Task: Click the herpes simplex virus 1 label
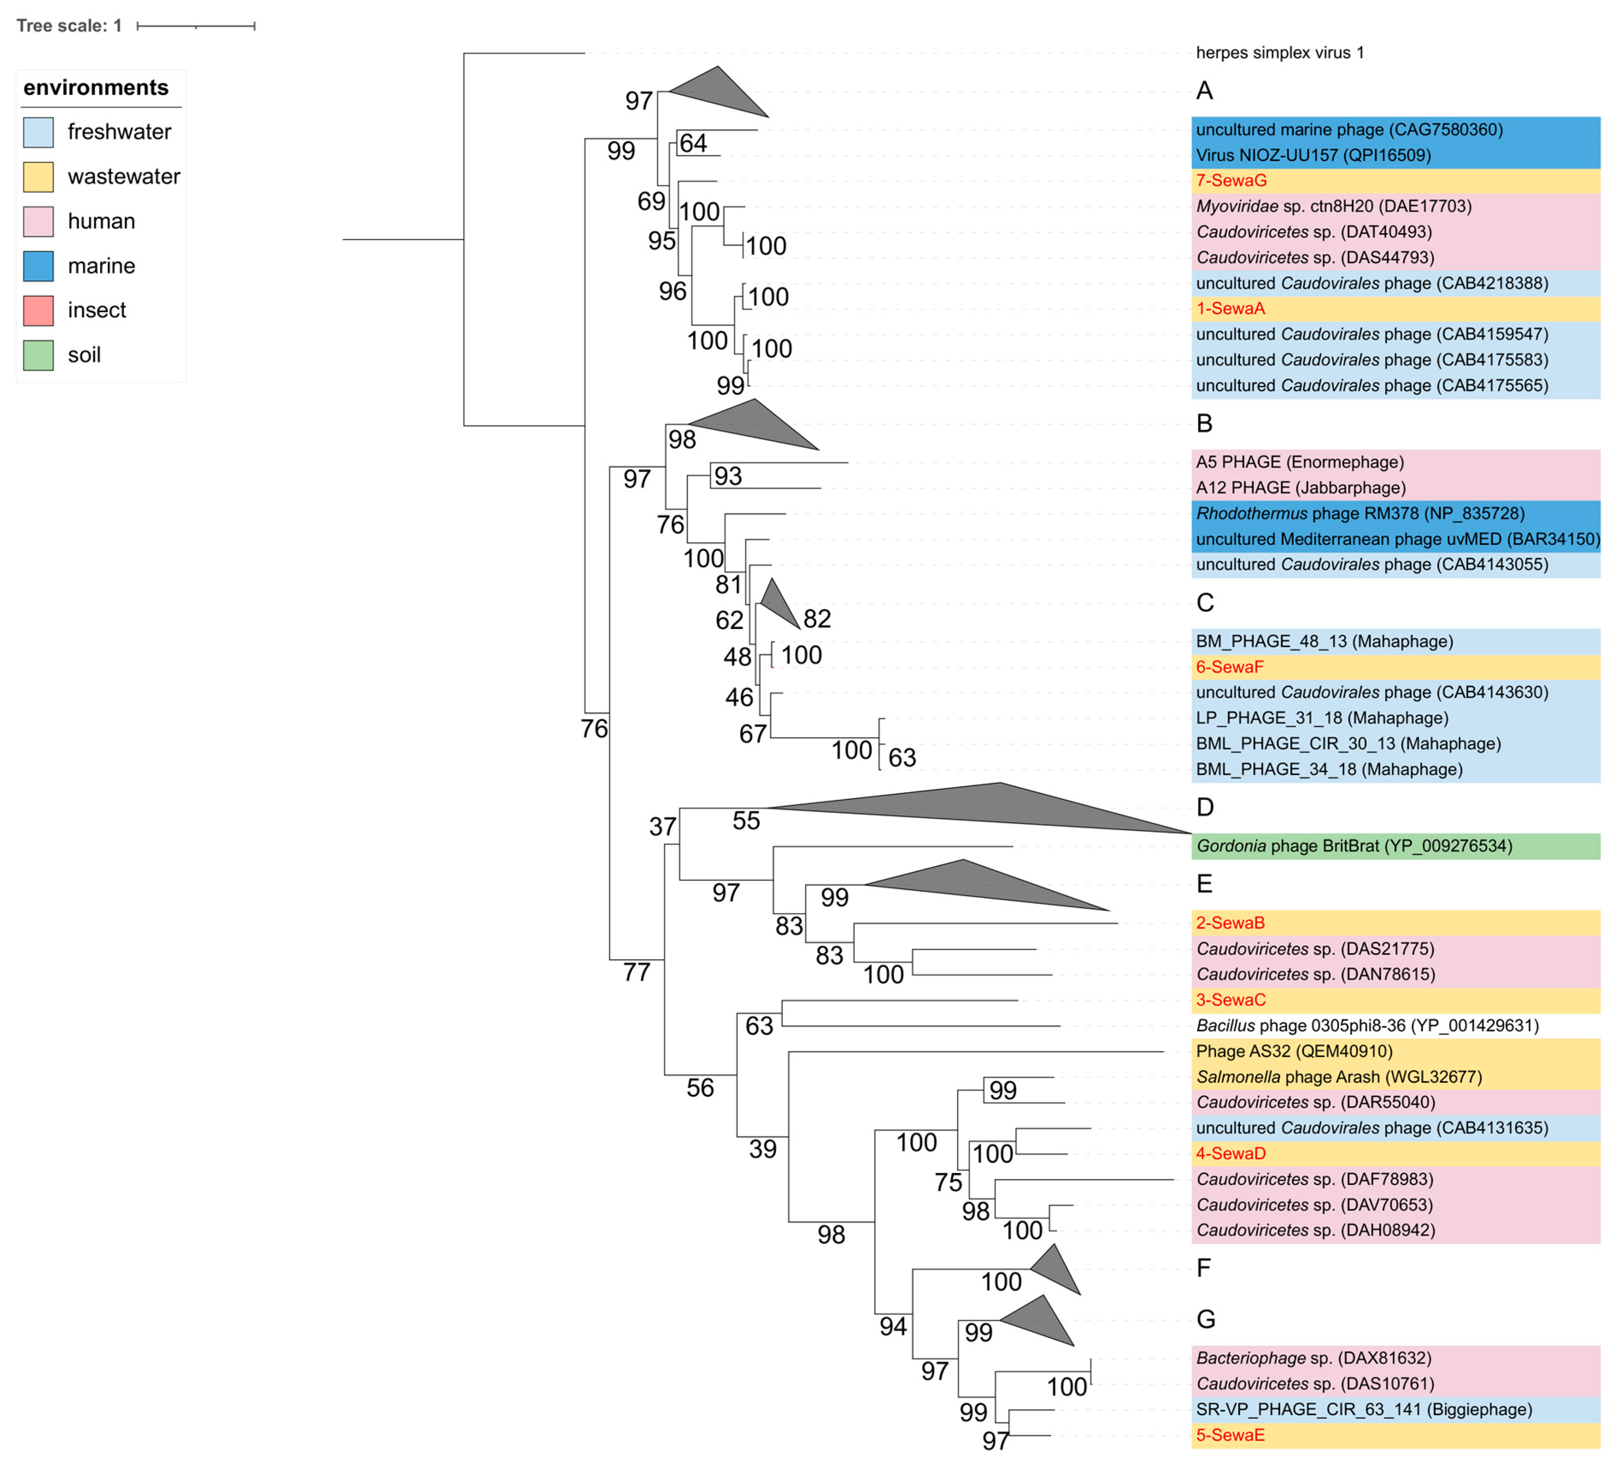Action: pyautogui.click(x=1279, y=53)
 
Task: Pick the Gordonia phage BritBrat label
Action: pyautogui.click(x=1353, y=846)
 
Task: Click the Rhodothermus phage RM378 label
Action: pyautogui.click(x=1360, y=513)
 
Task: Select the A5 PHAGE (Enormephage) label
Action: pyautogui.click(x=1300, y=462)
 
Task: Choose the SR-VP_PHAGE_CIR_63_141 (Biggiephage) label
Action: pyautogui.click(x=1364, y=1410)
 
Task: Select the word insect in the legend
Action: pyautogui.click(x=97, y=310)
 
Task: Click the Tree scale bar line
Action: pyautogui.click(x=196, y=26)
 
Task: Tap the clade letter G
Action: pyautogui.click(x=1205, y=1320)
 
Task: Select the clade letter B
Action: pyautogui.click(x=1204, y=423)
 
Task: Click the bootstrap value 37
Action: pyautogui.click(x=662, y=827)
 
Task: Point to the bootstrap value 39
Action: pyautogui.click(x=763, y=1150)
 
